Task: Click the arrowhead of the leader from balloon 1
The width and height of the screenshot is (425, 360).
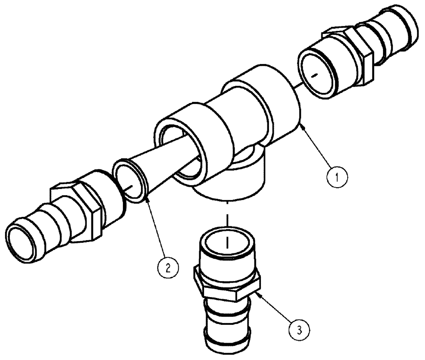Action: [x=300, y=124]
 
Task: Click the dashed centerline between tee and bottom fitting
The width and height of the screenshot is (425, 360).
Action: [x=228, y=219]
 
